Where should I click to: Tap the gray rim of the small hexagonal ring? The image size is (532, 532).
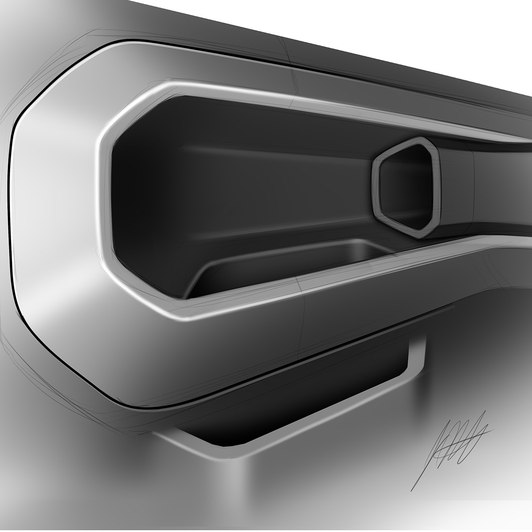coord(376,186)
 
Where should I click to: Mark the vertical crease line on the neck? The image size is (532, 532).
coord(474,186)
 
